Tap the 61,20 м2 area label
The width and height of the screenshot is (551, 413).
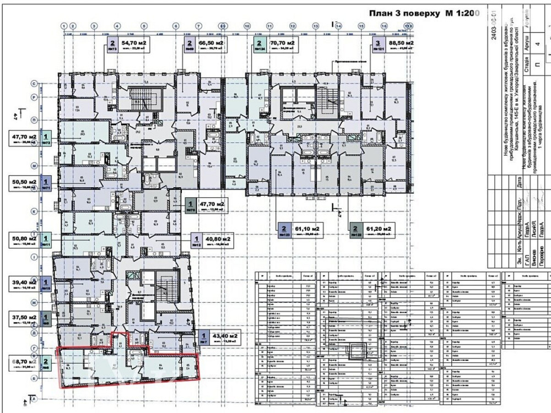pos(379,227)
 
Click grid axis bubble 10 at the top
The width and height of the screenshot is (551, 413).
pos(247,26)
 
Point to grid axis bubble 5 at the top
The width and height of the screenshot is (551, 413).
pos(144,26)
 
